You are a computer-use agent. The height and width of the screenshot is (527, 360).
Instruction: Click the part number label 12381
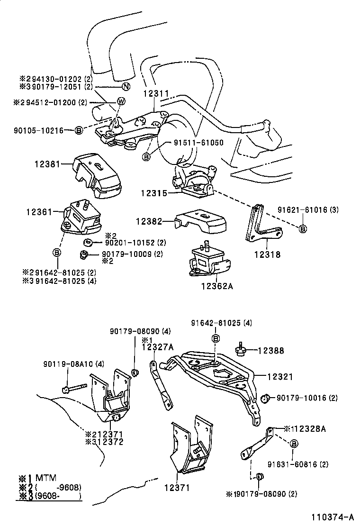47,164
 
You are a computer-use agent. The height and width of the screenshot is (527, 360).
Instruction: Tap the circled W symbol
121,101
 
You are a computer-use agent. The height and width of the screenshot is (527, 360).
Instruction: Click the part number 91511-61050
198,142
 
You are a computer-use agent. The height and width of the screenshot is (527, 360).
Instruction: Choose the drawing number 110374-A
333,517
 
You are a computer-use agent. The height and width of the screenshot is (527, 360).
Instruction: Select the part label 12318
268,254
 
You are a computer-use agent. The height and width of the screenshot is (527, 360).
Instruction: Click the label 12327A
158,347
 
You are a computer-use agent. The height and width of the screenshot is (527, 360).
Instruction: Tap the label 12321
280,377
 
